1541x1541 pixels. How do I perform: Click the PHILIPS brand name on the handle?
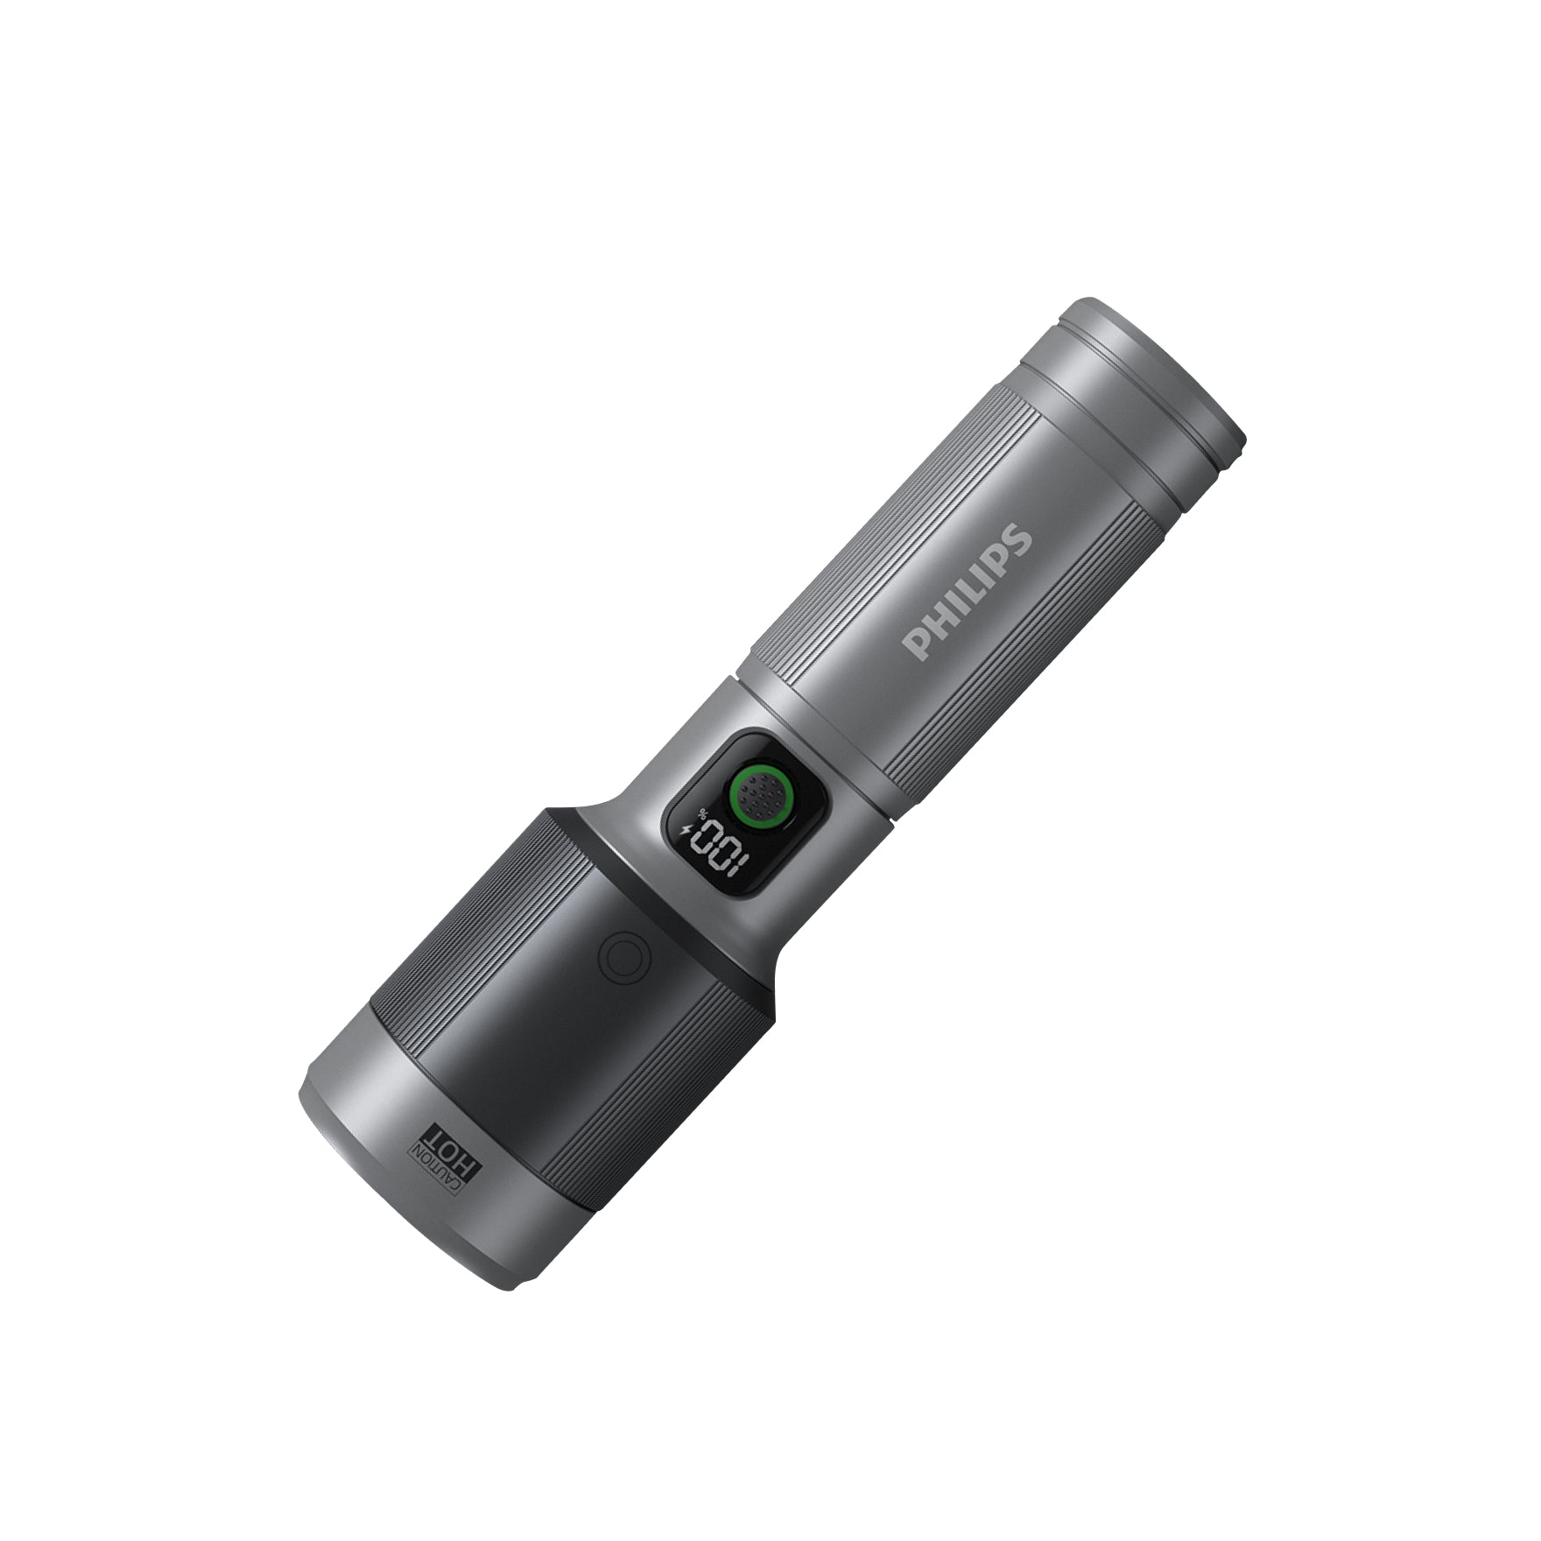point(968,591)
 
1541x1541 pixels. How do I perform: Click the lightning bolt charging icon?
point(686,829)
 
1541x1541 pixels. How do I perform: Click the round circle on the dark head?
point(623,956)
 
